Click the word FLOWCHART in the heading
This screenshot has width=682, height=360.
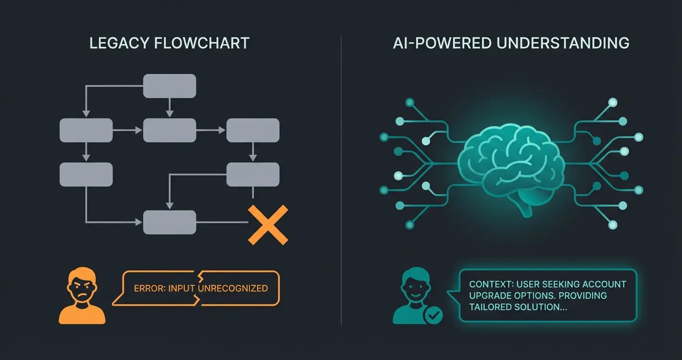[202, 43]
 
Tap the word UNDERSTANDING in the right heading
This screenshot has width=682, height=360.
[563, 43]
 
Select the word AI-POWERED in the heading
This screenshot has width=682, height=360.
[441, 43]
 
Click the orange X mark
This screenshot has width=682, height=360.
[267, 225]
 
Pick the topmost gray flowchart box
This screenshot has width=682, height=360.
[170, 86]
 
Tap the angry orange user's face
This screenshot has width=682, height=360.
[82, 287]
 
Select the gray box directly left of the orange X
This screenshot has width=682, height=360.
[170, 222]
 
